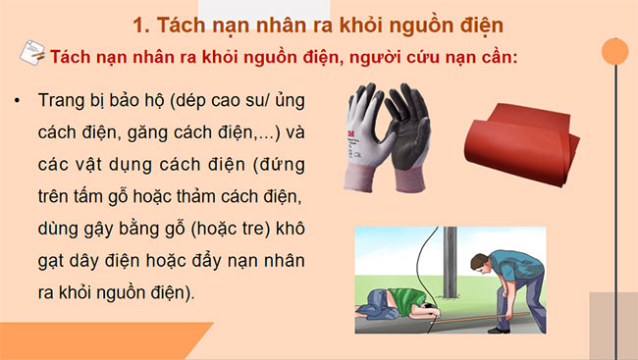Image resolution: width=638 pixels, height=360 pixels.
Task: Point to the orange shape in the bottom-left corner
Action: click(x=98, y=342)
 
